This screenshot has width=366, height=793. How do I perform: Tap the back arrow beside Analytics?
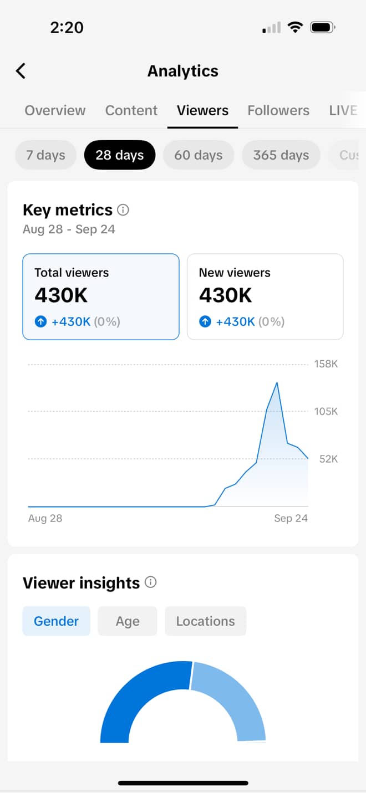click(x=21, y=71)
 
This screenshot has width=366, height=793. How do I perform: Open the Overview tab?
click(x=55, y=110)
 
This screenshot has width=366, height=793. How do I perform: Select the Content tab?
click(x=131, y=110)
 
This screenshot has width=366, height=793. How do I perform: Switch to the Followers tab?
click(x=278, y=110)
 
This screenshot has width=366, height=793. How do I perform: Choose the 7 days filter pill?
click(x=45, y=155)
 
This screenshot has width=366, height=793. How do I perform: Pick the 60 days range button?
click(x=199, y=155)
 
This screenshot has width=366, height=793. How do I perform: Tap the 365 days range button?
click(x=281, y=155)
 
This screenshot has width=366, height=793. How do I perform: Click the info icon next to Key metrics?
click(x=124, y=210)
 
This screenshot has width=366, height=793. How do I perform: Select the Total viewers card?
click(x=101, y=296)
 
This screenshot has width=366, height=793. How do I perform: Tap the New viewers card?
click(x=265, y=296)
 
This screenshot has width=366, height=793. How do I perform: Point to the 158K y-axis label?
click(x=326, y=364)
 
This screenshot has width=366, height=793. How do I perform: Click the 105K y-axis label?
click(x=326, y=411)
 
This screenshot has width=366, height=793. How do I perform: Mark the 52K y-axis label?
click(x=328, y=459)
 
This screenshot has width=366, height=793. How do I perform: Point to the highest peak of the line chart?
click(x=277, y=382)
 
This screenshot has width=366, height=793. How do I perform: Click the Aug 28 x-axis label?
click(x=45, y=518)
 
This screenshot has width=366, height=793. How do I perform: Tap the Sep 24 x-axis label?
click(x=291, y=518)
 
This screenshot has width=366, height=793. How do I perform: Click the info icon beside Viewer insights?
click(x=150, y=582)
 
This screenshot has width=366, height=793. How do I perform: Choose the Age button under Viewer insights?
click(x=128, y=621)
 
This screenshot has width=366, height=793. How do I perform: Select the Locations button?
click(x=205, y=621)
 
